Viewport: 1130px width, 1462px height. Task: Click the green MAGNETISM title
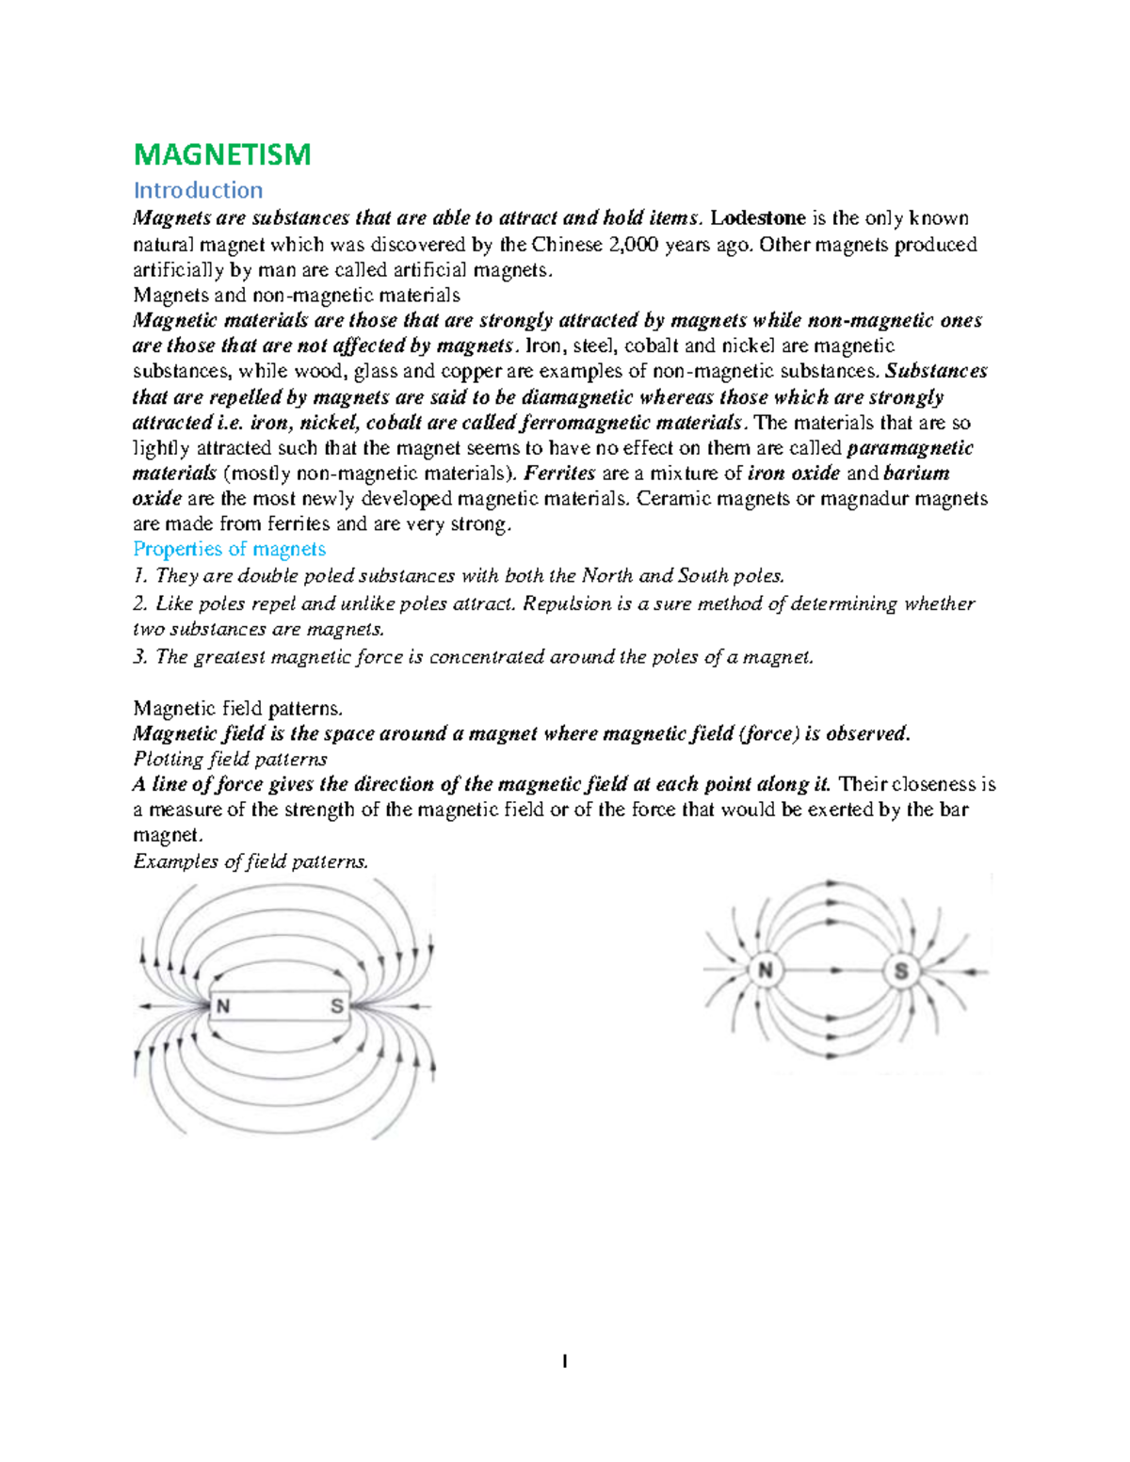point(222,154)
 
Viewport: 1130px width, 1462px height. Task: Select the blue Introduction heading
point(198,190)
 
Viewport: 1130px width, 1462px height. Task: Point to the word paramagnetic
point(910,448)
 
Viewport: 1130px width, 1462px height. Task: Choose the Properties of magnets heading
point(230,550)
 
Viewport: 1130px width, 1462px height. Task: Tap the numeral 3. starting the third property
point(140,657)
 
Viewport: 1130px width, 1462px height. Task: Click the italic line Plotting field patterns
point(231,760)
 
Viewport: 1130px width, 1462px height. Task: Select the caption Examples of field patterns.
point(250,861)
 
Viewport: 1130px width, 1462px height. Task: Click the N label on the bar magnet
point(223,1006)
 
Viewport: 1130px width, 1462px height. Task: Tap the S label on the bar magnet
point(336,1006)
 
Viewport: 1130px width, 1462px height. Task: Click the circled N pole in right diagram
point(766,971)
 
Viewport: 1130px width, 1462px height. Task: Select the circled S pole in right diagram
point(901,971)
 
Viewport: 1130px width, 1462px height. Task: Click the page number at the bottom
point(564,1360)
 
